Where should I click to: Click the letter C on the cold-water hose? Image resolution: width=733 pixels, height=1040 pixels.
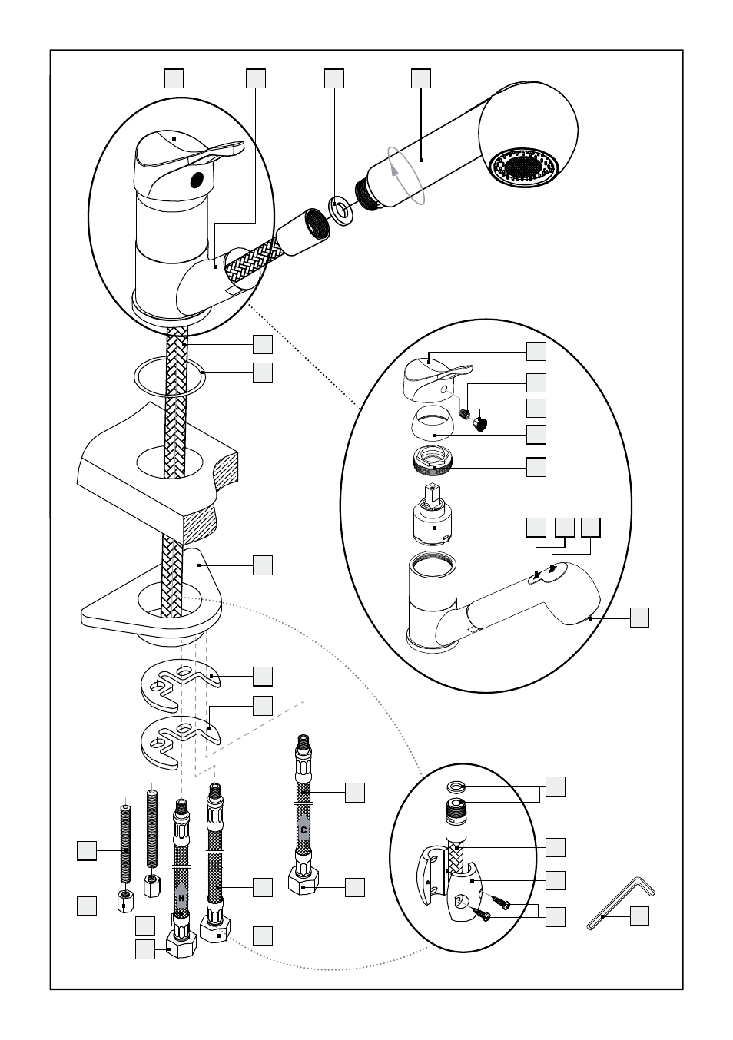(x=303, y=830)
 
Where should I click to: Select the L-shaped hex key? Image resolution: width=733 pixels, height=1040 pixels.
(x=620, y=904)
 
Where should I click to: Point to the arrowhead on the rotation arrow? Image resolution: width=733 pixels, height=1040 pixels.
(x=394, y=170)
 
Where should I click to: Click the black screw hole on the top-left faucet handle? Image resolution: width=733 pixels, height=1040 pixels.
(x=197, y=179)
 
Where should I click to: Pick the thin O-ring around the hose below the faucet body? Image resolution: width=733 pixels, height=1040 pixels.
(x=170, y=376)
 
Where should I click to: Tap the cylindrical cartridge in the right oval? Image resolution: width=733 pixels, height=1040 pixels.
(x=433, y=522)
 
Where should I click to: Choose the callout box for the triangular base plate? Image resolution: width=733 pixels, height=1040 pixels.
(x=263, y=565)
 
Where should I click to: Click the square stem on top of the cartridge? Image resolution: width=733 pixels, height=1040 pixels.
(x=433, y=493)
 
